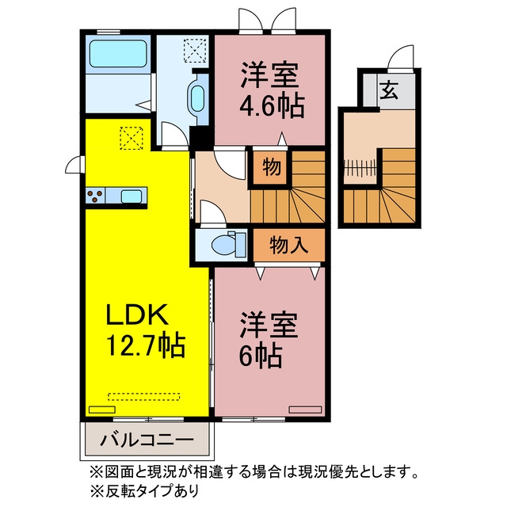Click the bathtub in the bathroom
click(x=118, y=54)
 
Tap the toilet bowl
click(x=224, y=245)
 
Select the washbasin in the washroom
click(x=197, y=98)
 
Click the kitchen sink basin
click(x=132, y=196)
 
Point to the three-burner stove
click(x=95, y=196)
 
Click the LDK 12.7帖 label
click(x=146, y=330)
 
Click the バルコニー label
click(x=147, y=440)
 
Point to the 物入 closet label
click(x=288, y=245)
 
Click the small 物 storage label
click(x=271, y=167)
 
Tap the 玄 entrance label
click(x=389, y=90)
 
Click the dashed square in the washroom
click(x=195, y=51)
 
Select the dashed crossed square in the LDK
click(x=132, y=138)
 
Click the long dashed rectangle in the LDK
click(x=144, y=396)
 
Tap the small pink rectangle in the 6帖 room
click(x=305, y=410)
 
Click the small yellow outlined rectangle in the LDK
click(x=102, y=410)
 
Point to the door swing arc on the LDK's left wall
click(x=73, y=165)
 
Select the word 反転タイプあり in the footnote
click(x=152, y=491)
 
